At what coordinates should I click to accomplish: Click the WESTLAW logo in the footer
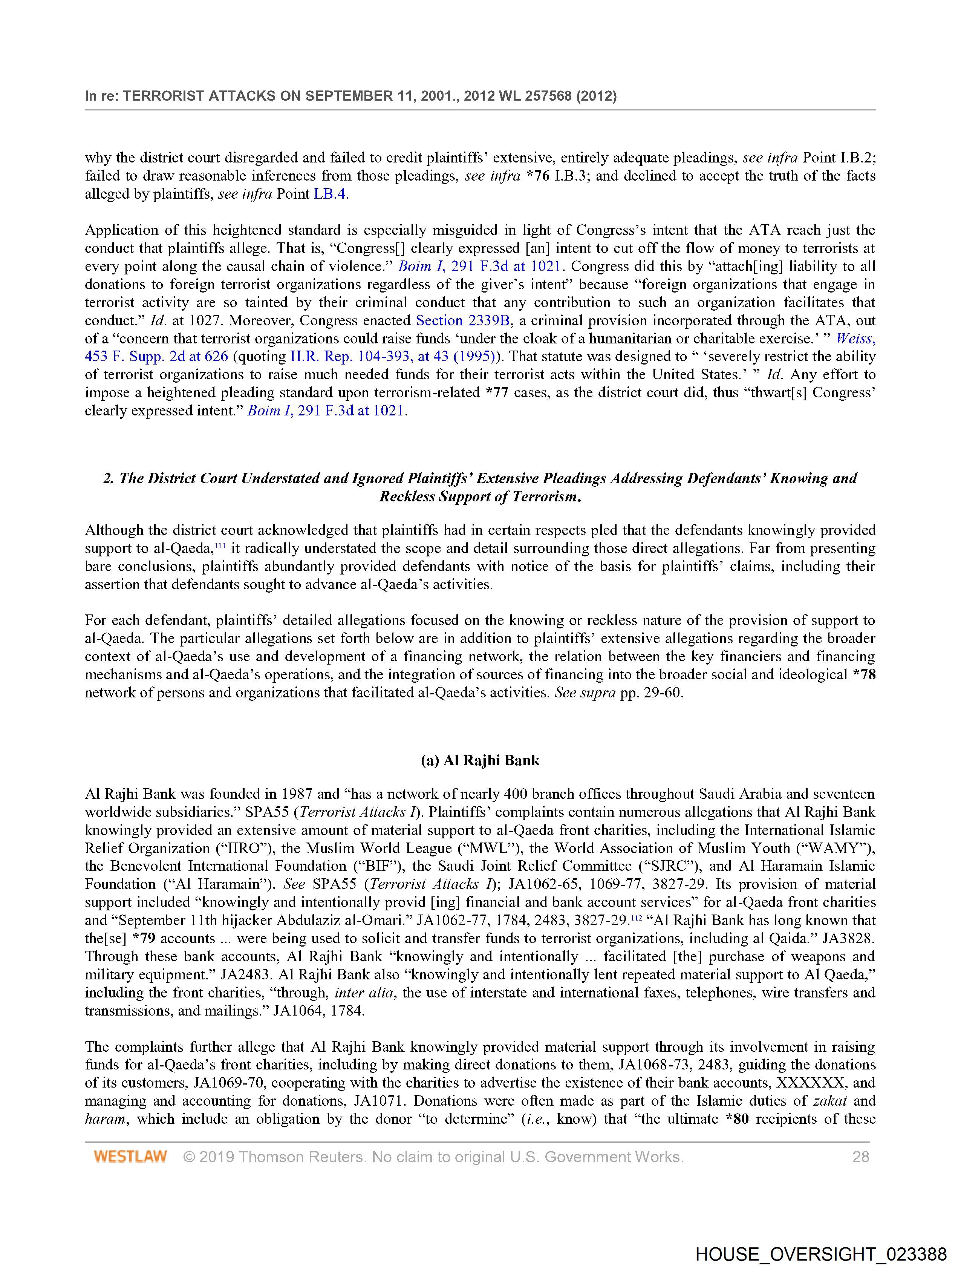click(130, 1156)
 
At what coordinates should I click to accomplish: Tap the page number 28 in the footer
click(860, 1156)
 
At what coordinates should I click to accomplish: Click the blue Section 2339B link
click(463, 320)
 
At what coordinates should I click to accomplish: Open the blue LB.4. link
click(331, 194)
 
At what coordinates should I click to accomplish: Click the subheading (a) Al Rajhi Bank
click(480, 760)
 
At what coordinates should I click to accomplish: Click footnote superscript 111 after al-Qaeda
click(219, 545)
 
